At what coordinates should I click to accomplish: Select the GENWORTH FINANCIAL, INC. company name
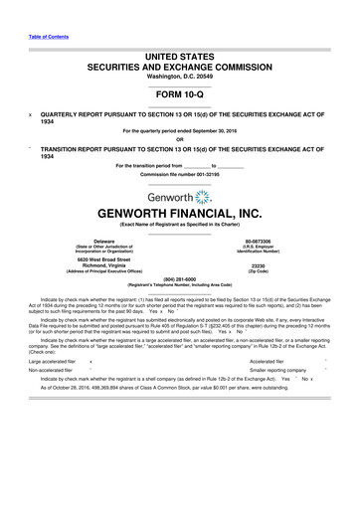[x=180, y=215]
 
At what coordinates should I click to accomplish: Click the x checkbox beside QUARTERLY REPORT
[x=32, y=114]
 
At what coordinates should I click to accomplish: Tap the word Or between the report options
[x=180, y=138]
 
